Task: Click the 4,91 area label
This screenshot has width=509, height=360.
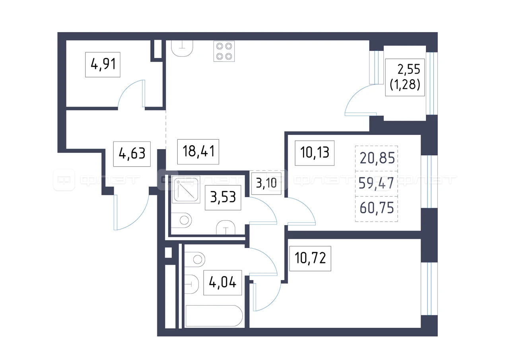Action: click(x=103, y=64)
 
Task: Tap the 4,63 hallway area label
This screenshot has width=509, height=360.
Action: click(x=132, y=154)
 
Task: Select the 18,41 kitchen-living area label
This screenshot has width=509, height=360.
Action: click(x=198, y=152)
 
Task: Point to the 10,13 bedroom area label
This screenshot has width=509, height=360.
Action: click(x=315, y=153)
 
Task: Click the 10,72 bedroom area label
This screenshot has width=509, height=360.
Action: click(x=310, y=259)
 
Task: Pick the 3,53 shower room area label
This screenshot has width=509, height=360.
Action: click(x=223, y=197)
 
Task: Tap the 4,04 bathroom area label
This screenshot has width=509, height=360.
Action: click(x=222, y=283)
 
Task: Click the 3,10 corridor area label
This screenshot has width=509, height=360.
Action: click(x=266, y=183)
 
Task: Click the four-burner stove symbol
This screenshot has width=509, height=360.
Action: click(x=224, y=51)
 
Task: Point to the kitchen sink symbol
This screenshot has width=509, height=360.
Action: click(x=182, y=48)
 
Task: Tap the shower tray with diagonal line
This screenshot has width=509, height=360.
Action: click(x=186, y=189)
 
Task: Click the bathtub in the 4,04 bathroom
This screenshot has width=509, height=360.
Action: click(x=214, y=316)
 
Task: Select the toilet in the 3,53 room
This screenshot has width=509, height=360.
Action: click(x=181, y=220)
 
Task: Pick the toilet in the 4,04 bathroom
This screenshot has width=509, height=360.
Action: click(x=195, y=259)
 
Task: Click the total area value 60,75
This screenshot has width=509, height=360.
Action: click(x=377, y=208)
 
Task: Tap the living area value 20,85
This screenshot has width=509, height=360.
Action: click(x=377, y=158)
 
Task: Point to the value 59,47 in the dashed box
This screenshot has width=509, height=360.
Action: click(x=376, y=183)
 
